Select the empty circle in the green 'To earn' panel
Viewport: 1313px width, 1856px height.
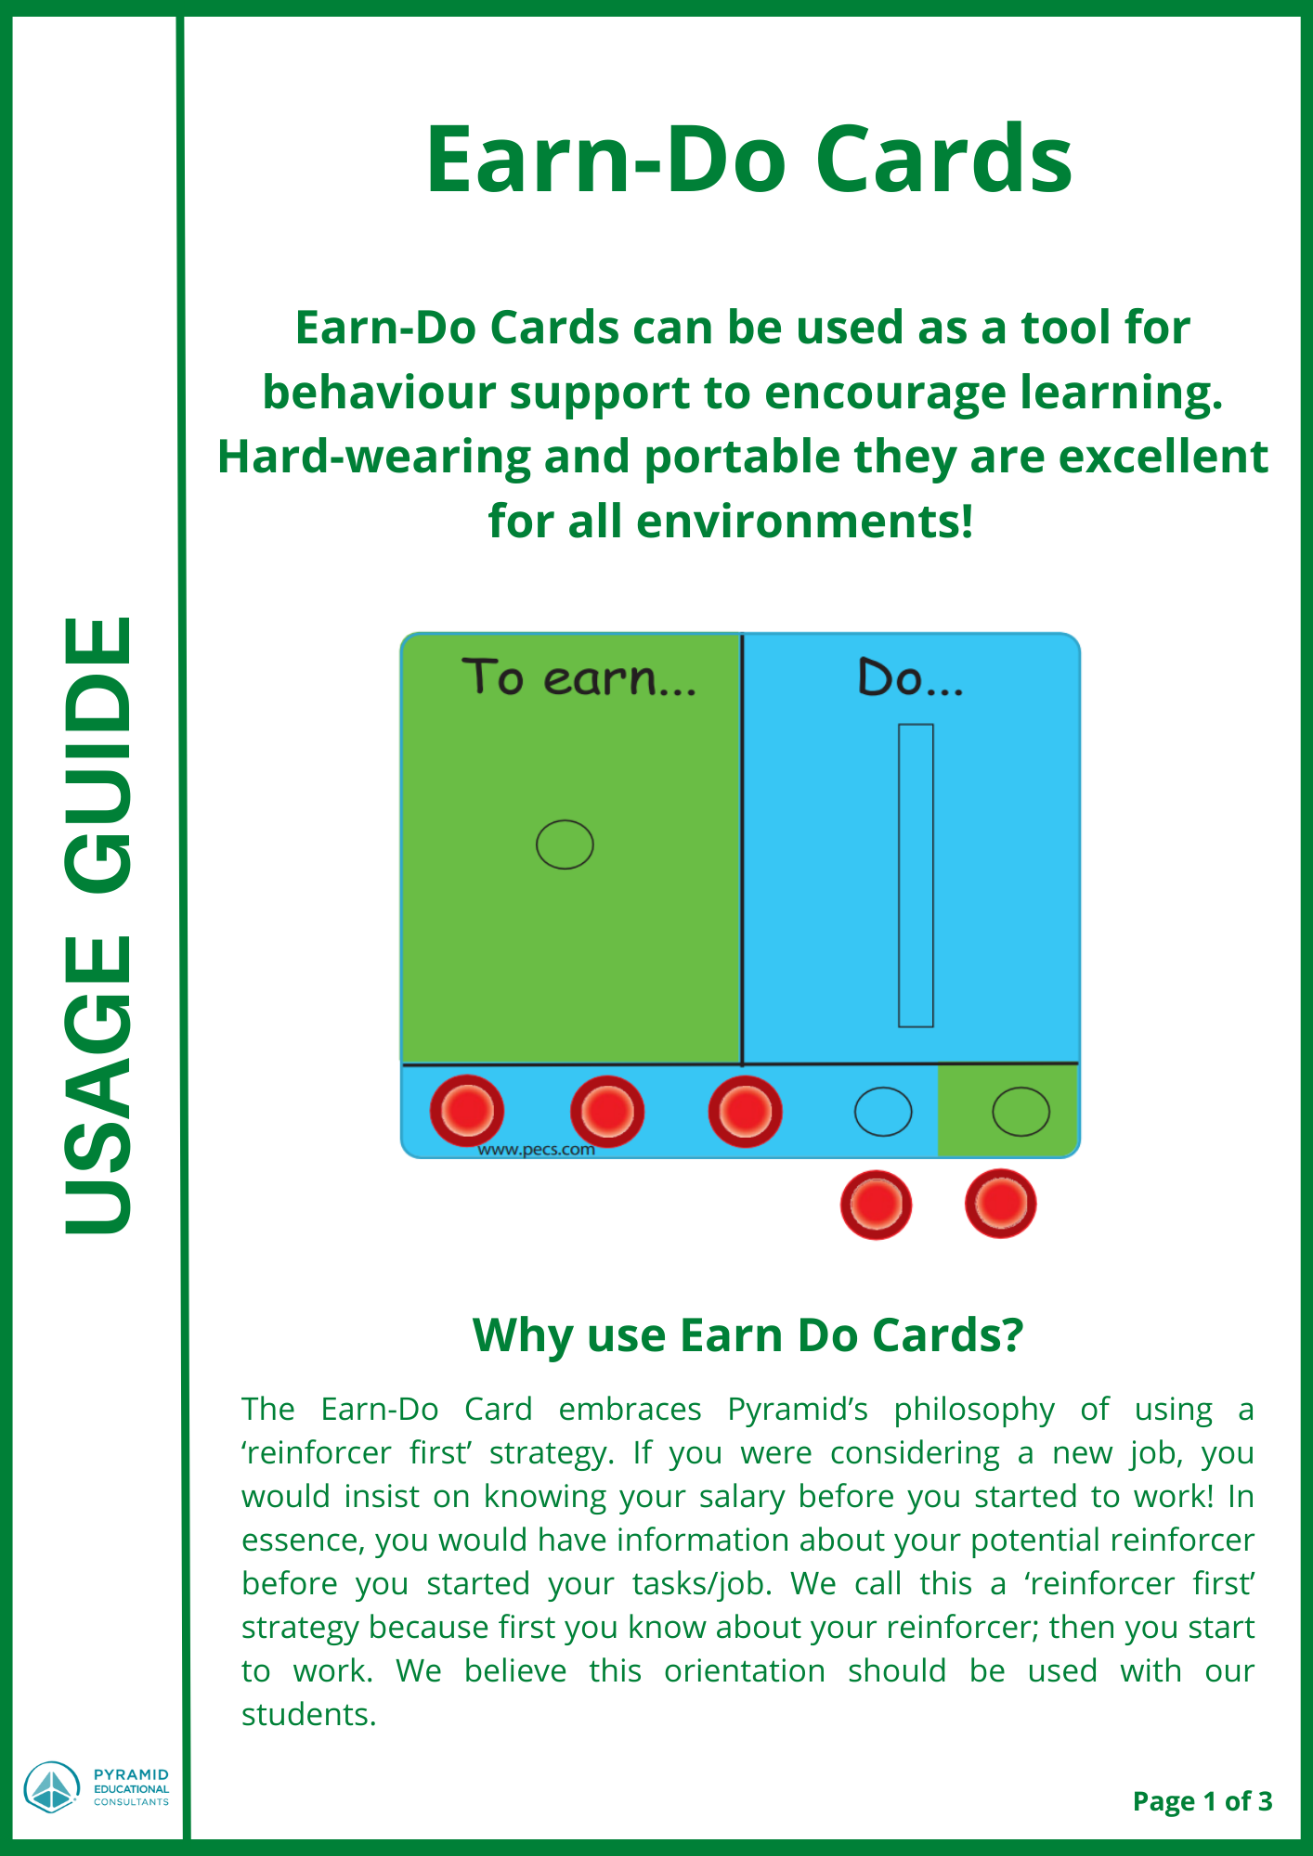[x=565, y=844]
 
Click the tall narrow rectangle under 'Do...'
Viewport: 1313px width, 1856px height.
[x=916, y=875]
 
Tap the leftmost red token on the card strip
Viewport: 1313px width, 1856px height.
[x=467, y=1110]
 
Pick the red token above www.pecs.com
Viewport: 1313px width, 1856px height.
[x=607, y=1111]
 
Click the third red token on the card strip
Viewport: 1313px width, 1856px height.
[x=745, y=1111]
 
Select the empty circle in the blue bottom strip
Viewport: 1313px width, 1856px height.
[x=883, y=1111]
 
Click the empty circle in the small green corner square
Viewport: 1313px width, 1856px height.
[x=1021, y=1111]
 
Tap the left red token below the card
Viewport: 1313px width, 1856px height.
[x=876, y=1205]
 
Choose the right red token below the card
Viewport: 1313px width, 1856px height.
[x=1001, y=1204]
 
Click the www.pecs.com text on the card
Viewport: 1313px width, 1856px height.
[x=536, y=1150]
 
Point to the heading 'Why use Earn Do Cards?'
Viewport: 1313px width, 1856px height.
[x=747, y=1336]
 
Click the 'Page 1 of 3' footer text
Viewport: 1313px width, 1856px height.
[x=1202, y=1801]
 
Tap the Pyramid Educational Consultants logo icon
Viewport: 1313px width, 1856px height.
[x=52, y=1787]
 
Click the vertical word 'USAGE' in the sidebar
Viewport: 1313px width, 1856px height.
[x=98, y=1085]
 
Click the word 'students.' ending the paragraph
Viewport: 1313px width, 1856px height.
[x=309, y=1714]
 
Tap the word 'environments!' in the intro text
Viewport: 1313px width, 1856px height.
[x=804, y=521]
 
